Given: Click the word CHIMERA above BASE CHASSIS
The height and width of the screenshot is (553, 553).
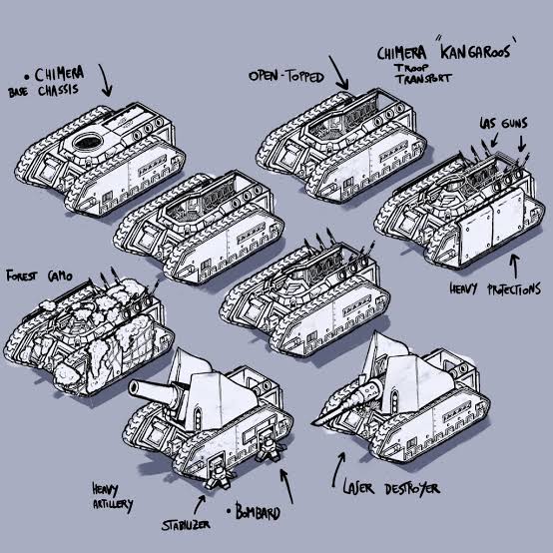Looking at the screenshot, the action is coord(59,74).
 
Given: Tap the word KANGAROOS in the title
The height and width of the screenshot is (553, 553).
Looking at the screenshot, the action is coord(475,52).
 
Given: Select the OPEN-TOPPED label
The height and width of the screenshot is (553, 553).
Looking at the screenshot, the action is coord(286,76).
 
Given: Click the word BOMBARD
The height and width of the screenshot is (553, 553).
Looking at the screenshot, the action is coord(258,512).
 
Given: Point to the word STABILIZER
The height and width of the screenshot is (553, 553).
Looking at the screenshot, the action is coord(186,525).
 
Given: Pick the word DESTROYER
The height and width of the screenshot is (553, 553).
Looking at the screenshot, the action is coord(412,489).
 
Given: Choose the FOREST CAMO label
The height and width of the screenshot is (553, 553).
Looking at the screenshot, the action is coord(39,276).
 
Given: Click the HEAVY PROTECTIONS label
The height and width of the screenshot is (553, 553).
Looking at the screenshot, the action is coord(495,288).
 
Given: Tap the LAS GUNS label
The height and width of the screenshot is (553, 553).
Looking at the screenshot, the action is coord(503,123).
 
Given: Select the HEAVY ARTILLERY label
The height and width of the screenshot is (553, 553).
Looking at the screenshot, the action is coord(112,497).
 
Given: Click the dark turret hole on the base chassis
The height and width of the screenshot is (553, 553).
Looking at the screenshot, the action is coord(88,142).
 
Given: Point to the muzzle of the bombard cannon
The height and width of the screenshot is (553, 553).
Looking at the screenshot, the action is coord(135,388).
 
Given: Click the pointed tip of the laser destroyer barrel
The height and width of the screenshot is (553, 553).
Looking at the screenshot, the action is coord(313,423).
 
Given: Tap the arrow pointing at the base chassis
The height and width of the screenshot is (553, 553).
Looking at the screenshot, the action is coord(106,81).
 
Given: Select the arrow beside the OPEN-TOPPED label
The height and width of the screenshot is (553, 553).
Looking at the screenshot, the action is coord(338,73).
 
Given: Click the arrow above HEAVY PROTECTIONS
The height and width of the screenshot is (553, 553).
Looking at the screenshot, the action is coord(516,267).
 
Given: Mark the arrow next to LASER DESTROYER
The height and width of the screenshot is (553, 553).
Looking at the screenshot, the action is coord(337,470).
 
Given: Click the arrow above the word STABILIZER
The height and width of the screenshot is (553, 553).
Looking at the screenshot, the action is coord(200,504).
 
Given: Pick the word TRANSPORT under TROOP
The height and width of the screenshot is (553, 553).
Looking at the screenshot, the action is coord(423,78).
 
